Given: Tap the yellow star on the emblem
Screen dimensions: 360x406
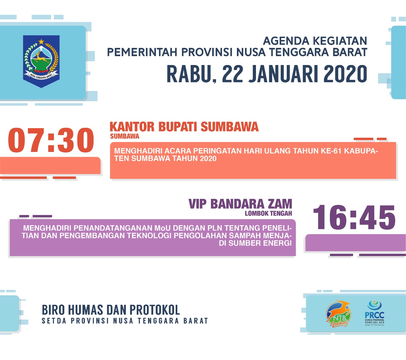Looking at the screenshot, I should click(41, 42).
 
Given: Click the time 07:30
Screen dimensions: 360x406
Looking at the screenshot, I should click(51, 140).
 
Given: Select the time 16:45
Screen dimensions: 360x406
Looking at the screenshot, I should click(354, 218).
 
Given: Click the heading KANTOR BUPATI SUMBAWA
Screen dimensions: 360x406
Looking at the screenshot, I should click(184, 127).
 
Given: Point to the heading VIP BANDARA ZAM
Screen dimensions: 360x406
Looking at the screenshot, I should click(240, 204).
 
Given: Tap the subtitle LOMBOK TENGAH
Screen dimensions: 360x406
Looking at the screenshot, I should click(268, 213).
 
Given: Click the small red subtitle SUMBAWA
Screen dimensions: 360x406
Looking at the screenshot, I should click(125, 136).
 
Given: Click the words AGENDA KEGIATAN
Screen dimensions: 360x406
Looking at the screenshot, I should click(315, 41).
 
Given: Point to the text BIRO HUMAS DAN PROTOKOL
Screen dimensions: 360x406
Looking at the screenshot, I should click(111, 310).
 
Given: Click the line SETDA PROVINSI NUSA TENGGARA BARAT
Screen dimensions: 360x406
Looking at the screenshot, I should click(125, 321).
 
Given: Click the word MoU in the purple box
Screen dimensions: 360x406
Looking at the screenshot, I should click(163, 228).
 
